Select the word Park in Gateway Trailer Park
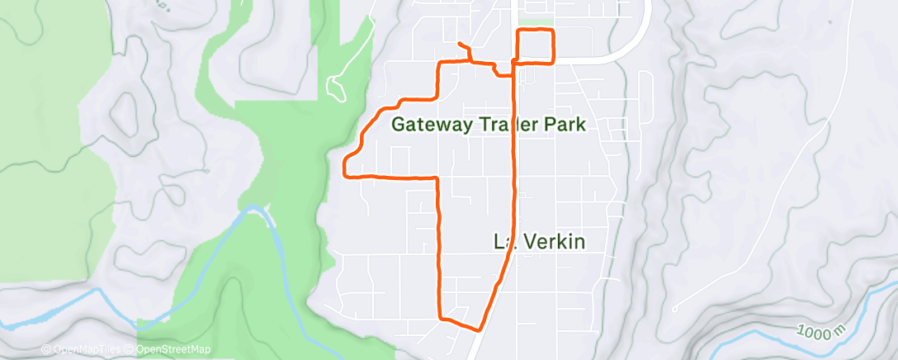point(565,126)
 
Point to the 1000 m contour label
point(824,336)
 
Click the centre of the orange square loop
point(535,45)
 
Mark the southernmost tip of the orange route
point(479,329)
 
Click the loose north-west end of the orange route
point(457,42)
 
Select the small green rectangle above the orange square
point(538,23)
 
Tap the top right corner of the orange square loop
point(552,31)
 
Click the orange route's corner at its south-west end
point(440,317)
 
